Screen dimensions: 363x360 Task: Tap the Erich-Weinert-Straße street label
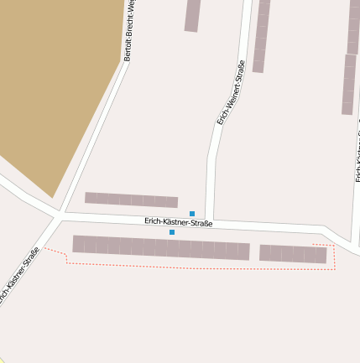(x=231, y=93)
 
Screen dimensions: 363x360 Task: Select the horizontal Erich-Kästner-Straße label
(x=178, y=222)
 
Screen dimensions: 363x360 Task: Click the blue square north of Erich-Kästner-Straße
(x=192, y=214)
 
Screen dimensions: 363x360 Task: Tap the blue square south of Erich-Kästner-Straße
(x=172, y=232)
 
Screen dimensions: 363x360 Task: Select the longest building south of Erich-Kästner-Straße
(x=160, y=248)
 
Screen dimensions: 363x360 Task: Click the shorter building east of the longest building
(x=293, y=253)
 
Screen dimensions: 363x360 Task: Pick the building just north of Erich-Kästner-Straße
(x=131, y=200)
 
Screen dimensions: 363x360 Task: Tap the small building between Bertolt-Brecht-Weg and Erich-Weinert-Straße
(x=192, y=15)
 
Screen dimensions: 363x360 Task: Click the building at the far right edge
(x=349, y=84)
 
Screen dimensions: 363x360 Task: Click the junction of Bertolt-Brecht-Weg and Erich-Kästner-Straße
(x=57, y=216)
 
